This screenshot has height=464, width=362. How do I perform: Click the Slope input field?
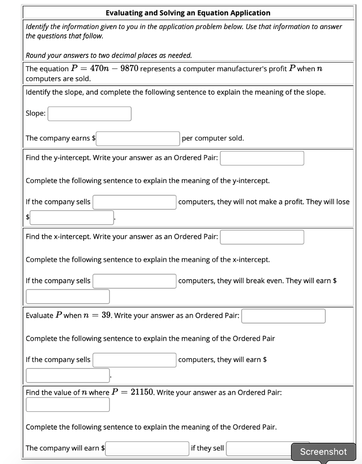pos(90,114)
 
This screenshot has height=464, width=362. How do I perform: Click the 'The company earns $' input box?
pos(138,138)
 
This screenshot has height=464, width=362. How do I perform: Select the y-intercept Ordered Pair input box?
pos(262,158)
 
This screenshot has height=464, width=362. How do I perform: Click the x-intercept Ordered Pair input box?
pos(262,237)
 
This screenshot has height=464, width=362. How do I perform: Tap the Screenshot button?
pos(323,451)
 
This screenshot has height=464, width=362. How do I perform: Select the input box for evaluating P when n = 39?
pos(283,316)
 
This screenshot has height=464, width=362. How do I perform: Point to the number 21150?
pos(143,392)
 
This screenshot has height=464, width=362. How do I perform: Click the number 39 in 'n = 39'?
pos(107,315)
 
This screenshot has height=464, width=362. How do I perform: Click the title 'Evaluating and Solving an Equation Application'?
pos(188,13)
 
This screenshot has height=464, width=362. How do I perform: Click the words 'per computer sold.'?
pos(213,138)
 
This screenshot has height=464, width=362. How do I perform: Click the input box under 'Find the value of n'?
pos(68,404)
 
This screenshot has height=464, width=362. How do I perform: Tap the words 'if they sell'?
pos(207,448)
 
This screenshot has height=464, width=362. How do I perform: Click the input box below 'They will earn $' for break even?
pos(68,296)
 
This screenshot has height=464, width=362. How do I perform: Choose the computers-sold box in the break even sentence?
pos(134,281)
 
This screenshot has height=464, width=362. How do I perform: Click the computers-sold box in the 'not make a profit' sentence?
pos(134,202)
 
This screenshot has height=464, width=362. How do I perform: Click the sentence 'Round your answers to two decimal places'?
pos(109,55)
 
